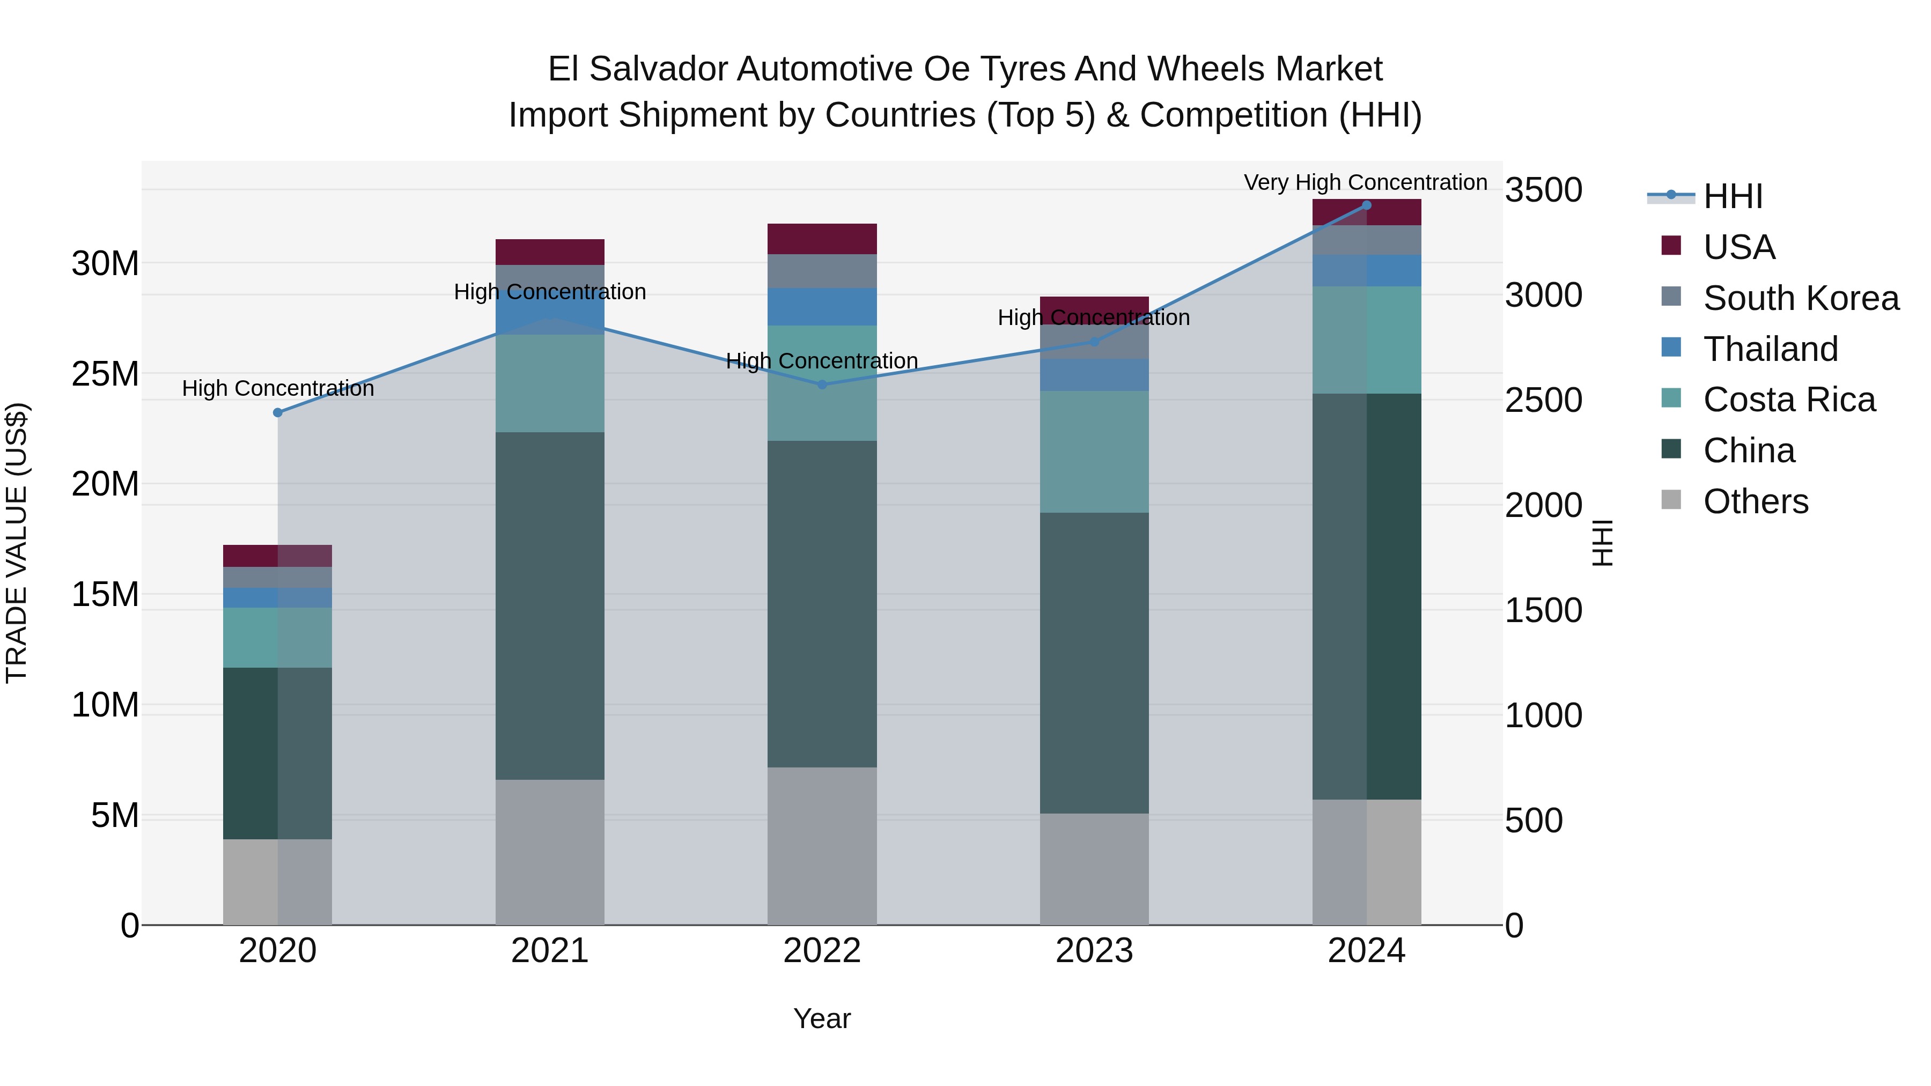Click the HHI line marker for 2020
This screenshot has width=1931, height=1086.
277,412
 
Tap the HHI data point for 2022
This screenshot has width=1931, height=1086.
822,385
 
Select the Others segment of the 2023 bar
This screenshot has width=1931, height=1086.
1094,869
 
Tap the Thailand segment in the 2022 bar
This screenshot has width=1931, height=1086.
822,307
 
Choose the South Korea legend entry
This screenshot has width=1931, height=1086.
1801,298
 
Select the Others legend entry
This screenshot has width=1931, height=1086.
1755,501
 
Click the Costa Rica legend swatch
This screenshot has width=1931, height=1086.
1671,398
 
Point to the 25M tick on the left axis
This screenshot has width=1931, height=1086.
105,374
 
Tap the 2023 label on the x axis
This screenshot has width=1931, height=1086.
1094,951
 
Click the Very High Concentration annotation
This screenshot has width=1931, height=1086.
1365,182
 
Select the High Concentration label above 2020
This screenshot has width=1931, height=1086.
277,388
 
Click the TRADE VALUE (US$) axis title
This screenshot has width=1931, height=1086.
17,543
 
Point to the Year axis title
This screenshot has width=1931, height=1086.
822,1018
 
